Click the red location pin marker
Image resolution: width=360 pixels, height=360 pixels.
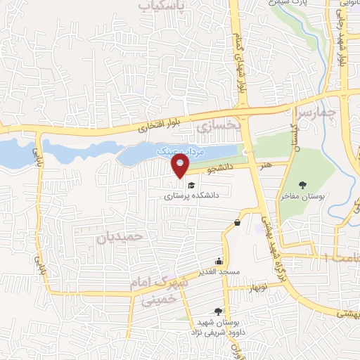click(181, 165)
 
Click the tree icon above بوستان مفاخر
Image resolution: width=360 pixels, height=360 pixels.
click(302, 185)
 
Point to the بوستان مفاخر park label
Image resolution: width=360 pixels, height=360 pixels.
click(302, 198)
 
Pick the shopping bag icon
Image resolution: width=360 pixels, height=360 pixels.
click(238, 223)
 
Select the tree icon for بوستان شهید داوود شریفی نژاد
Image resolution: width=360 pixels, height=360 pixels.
click(218, 311)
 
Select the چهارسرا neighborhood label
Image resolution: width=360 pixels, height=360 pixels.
click(317, 110)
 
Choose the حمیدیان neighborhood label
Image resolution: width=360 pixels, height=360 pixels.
click(120, 237)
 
